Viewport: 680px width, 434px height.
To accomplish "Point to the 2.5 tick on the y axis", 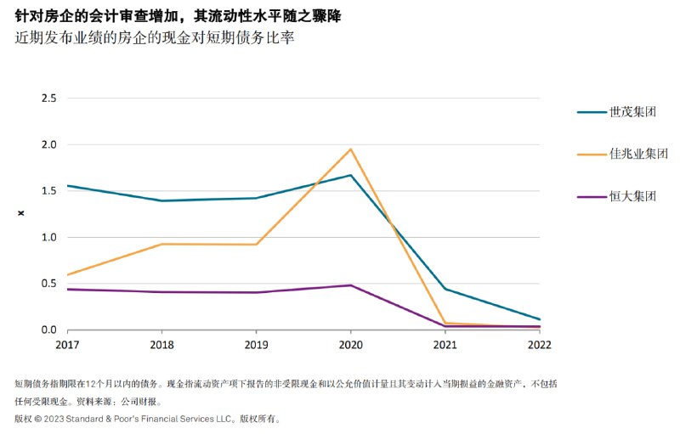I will (48, 99).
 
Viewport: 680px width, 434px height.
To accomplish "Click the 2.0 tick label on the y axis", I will (48, 144).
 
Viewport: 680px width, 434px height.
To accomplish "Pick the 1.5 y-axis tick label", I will (48, 191).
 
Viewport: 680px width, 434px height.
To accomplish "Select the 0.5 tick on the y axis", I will (48, 284).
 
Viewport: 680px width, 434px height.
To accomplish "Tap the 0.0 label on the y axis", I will (48, 330).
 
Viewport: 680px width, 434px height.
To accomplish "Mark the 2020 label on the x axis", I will (350, 345).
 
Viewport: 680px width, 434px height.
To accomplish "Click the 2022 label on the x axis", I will (539, 345).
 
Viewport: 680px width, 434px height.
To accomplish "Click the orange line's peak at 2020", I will (350, 149).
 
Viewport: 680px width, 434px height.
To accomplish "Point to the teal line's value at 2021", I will (445, 289).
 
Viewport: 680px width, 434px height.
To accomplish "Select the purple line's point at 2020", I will (350, 285).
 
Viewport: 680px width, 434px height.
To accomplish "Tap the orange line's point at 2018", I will (161, 245).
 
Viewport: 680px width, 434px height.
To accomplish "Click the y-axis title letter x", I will (21, 213).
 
